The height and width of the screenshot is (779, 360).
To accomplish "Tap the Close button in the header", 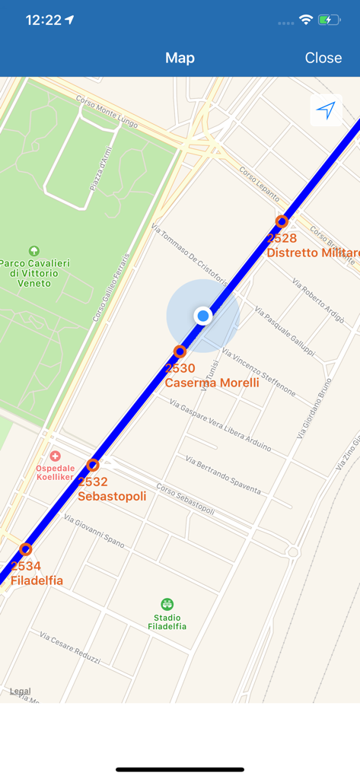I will click(323, 58).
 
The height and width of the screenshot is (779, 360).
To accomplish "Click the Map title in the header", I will click(180, 58).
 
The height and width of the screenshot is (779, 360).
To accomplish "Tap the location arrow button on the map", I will click(326, 111).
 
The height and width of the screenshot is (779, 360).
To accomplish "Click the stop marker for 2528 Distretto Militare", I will click(282, 221).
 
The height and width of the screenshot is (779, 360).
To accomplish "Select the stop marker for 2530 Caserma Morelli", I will click(180, 351).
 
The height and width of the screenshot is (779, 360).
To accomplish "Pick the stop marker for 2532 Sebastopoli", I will click(93, 465).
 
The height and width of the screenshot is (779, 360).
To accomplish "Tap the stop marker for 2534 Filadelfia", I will click(25, 549).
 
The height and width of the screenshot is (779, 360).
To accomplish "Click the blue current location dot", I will click(202, 316).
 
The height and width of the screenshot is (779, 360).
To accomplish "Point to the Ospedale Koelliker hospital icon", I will click(55, 455).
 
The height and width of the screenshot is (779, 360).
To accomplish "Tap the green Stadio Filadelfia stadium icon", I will click(167, 605).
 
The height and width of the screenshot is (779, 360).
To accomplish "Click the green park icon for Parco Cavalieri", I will click(33, 251).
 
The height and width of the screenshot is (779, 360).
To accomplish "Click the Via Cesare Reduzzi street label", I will click(70, 648).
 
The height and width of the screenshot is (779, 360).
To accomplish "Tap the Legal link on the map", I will click(21, 692).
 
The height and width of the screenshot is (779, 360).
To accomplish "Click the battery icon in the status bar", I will click(330, 20).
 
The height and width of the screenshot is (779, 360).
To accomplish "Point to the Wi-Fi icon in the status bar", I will click(306, 20).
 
